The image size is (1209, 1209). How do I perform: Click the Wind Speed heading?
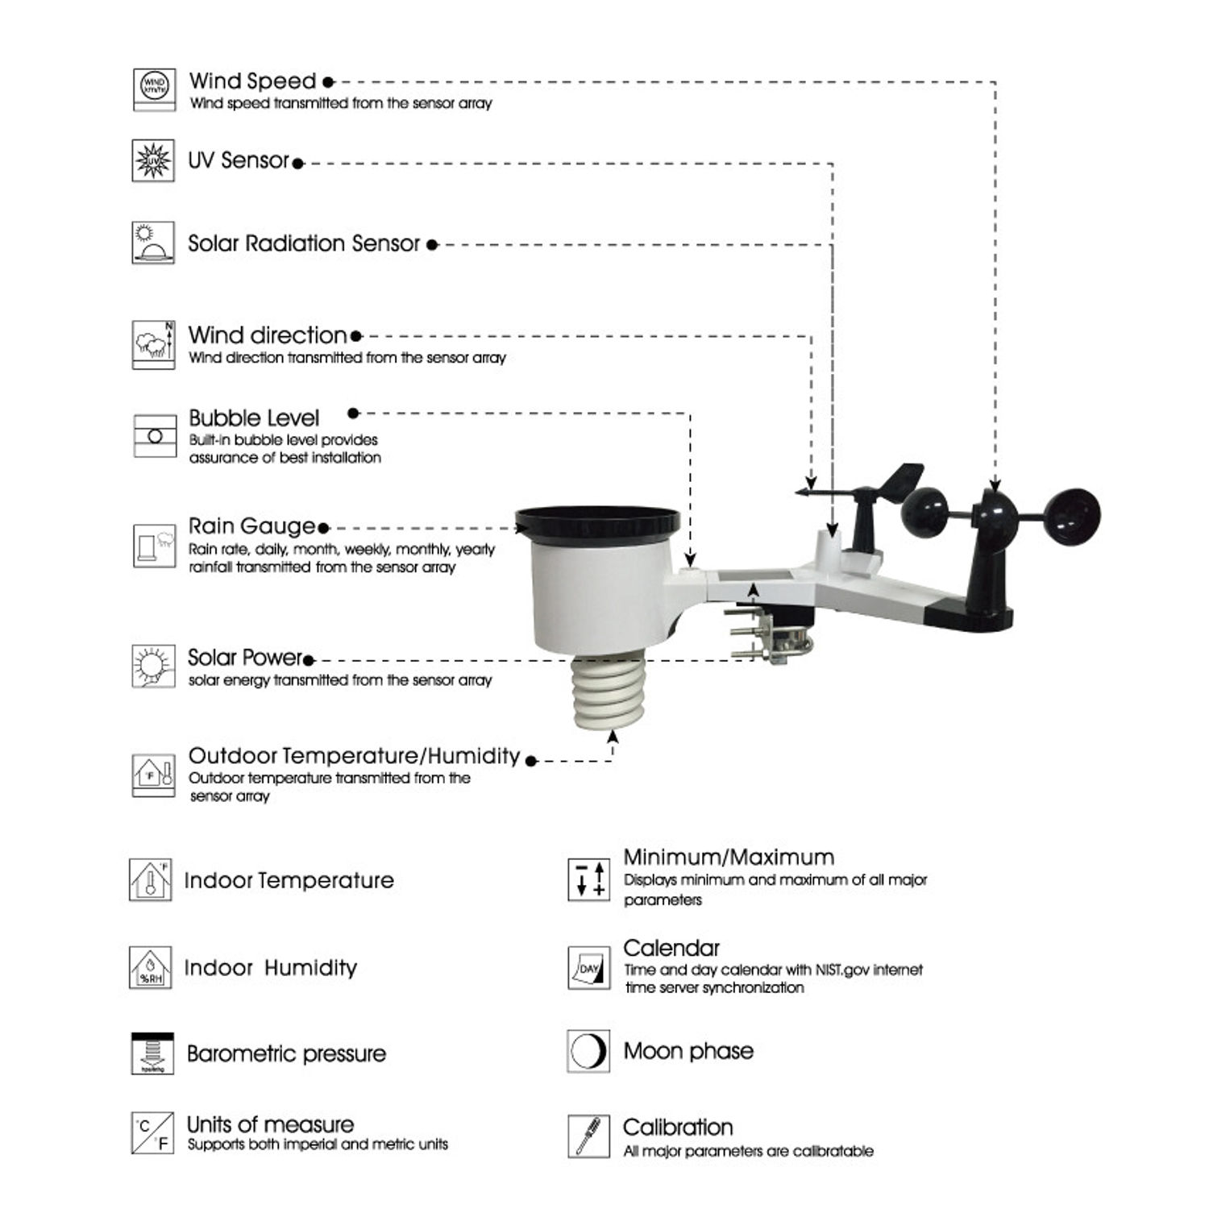pyautogui.click(x=252, y=81)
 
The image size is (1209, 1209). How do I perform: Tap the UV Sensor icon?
pyautogui.click(x=153, y=160)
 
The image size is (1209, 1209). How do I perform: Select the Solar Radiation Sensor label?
pyautogui.click(x=304, y=243)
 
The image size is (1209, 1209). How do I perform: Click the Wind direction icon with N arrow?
pyautogui.click(x=153, y=345)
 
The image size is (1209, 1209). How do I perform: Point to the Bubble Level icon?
pyautogui.click(x=155, y=436)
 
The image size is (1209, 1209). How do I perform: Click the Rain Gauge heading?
pyautogui.click(x=251, y=526)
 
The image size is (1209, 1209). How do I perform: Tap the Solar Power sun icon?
pyautogui.click(x=153, y=667)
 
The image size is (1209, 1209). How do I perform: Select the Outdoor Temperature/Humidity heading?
pyautogui.click(x=354, y=756)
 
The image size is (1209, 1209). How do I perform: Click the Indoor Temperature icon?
pyautogui.click(x=151, y=880)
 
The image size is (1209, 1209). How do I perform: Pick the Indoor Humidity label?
pyautogui.click(x=270, y=968)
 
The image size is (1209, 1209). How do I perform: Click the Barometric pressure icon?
pyautogui.click(x=152, y=1053)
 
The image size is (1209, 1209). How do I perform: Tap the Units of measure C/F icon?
pyautogui.click(x=152, y=1133)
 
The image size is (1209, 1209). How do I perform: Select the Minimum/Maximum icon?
pyautogui.click(x=588, y=879)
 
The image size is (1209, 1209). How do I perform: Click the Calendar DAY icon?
pyautogui.click(x=588, y=968)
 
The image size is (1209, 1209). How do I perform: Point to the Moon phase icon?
pyautogui.click(x=588, y=1051)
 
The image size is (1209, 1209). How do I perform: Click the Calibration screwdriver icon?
pyautogui.click(x=588, y=1136)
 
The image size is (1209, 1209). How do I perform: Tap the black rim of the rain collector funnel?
pyautogui.click(x=597, y=524)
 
